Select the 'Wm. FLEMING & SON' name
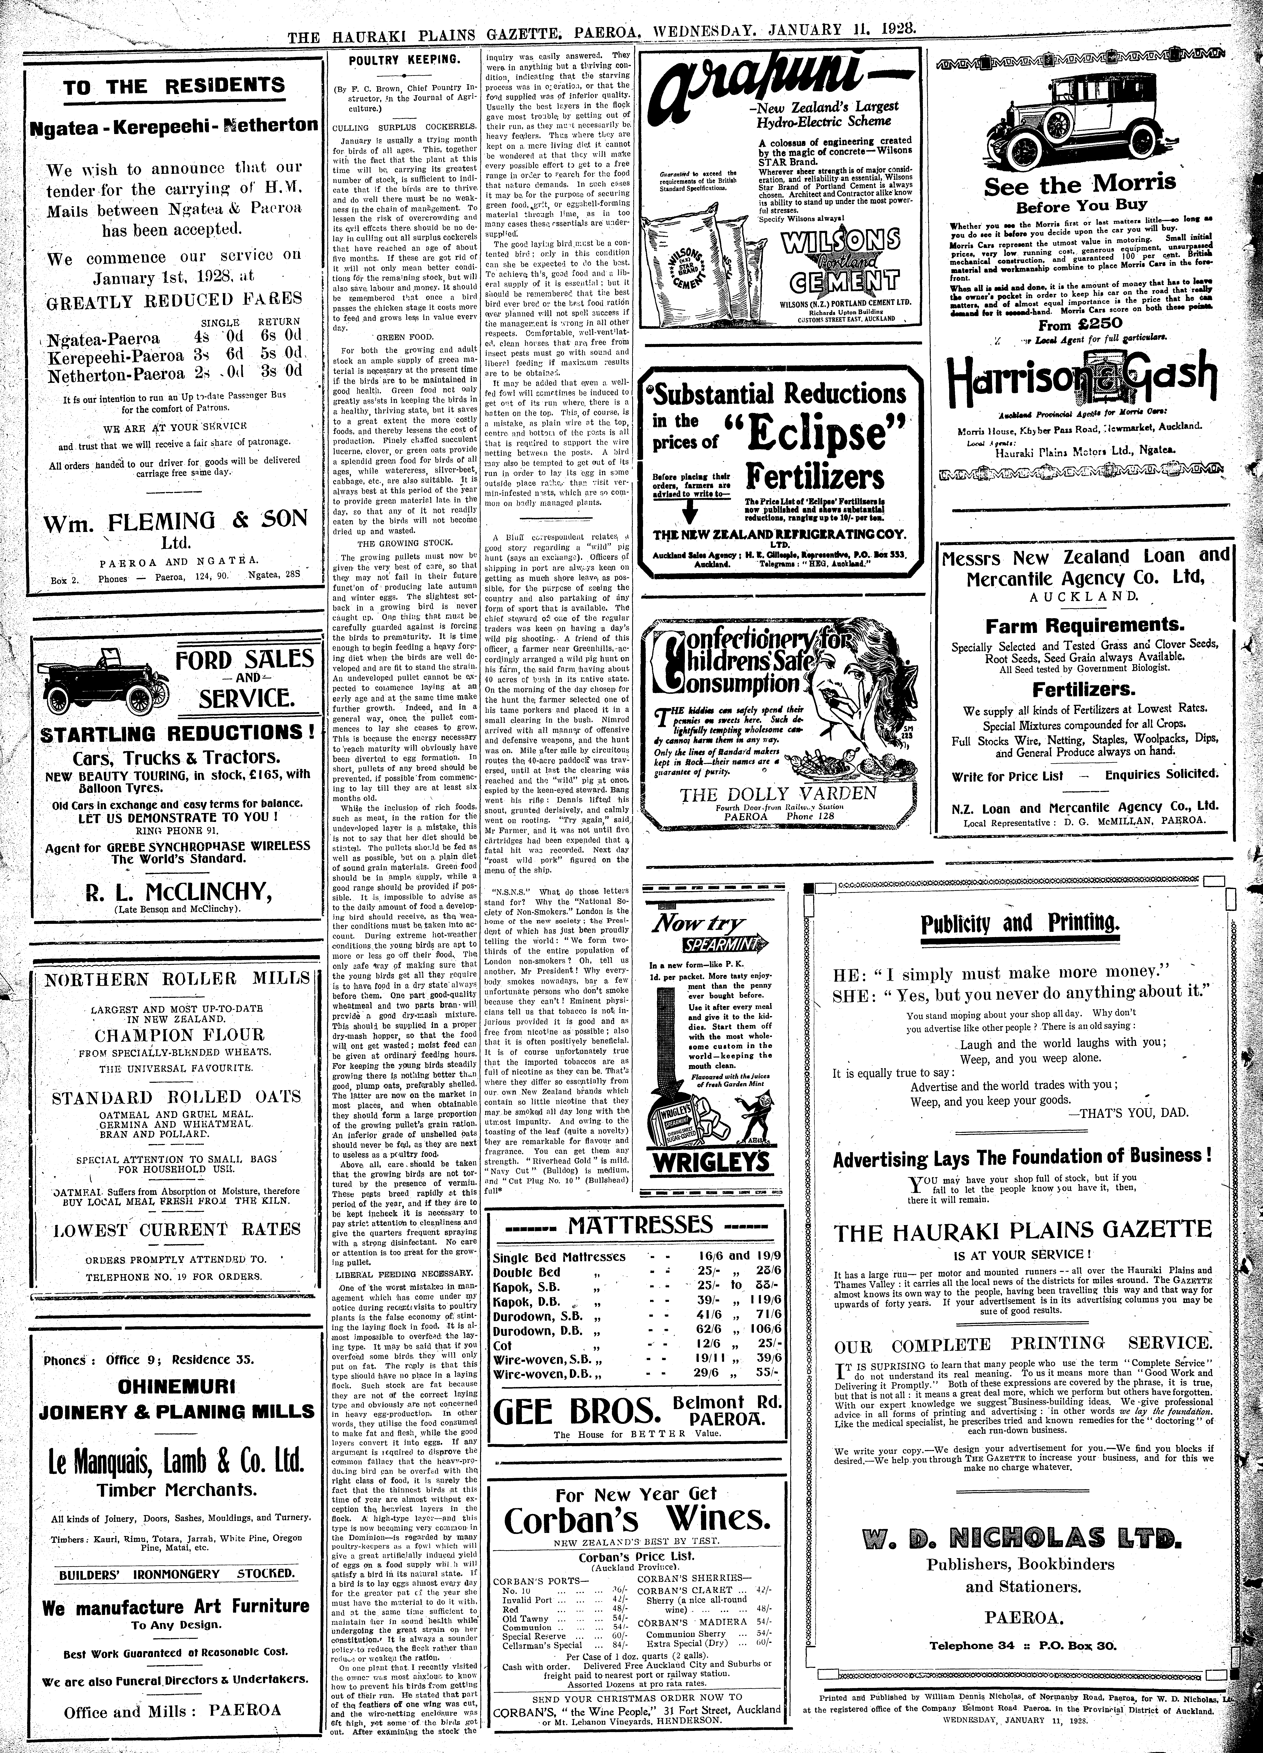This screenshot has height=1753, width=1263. pos(175,520)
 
